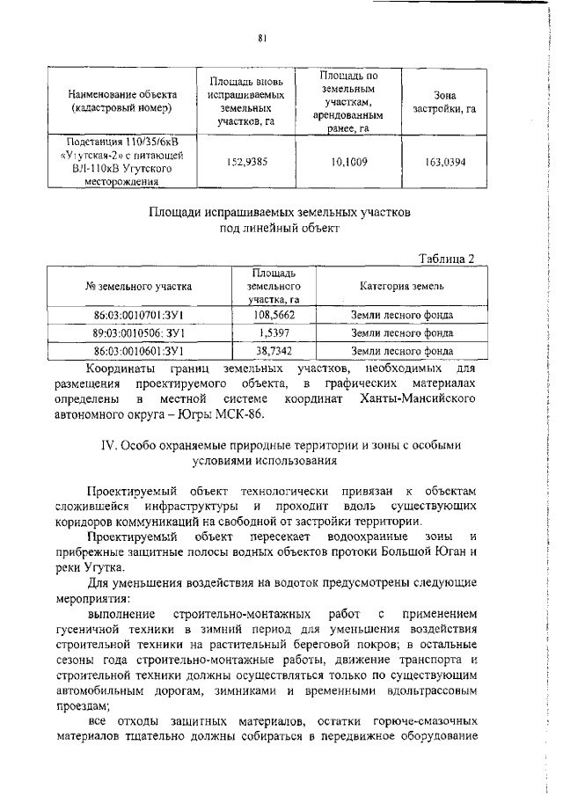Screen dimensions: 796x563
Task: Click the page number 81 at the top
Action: [x=263, y=38]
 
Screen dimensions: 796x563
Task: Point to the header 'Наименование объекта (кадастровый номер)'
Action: [x=125, y=101]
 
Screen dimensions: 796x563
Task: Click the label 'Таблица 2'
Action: [x=446, y=258]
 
